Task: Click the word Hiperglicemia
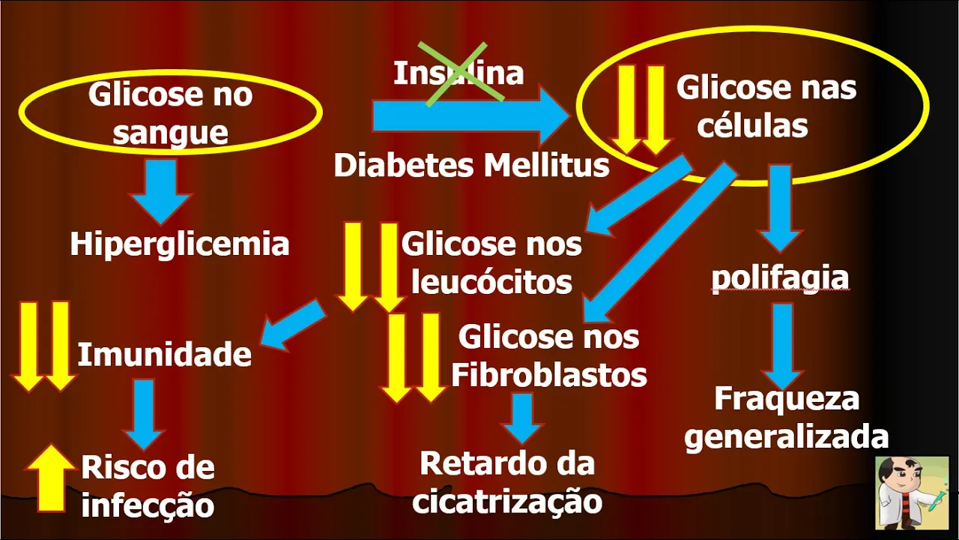(180, 244)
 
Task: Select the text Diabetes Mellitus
(471, 166)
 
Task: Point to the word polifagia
(780, 277)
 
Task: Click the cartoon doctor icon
(911, 493)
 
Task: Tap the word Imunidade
(164, 355)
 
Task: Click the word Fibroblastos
(548, 375)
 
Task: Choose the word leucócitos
(492, 282)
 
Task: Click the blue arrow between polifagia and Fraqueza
(783, 343)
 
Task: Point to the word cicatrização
(507, 501)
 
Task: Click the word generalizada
(787, 436)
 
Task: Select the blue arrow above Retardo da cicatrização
(521, 417)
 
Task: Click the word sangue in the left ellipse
(170, 132)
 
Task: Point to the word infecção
(148, 505)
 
